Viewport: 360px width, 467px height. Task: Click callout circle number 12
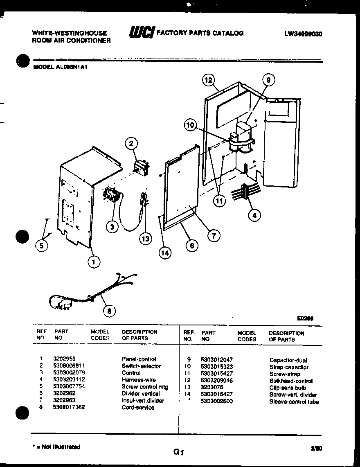point(209,80)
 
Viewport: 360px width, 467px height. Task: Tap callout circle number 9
point(268,80)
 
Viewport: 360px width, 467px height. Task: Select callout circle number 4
point(255,215)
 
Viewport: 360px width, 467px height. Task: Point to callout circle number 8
point(109,311)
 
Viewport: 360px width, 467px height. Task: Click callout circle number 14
point(164,253)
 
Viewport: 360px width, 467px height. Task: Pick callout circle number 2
point(131,143)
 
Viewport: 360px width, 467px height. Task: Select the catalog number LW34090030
point(303,34)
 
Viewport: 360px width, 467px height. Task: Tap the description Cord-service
point(138,408)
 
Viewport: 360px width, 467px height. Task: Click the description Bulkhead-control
point(291,381)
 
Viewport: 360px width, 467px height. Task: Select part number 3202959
point(64,359)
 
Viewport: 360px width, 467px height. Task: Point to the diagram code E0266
point(306,318)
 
